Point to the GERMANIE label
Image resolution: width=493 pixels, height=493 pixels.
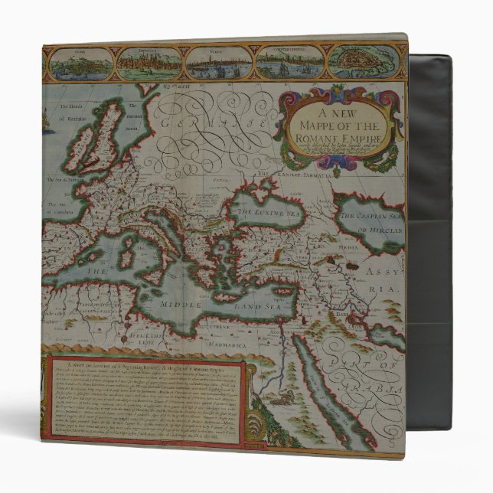coord(207,122)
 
